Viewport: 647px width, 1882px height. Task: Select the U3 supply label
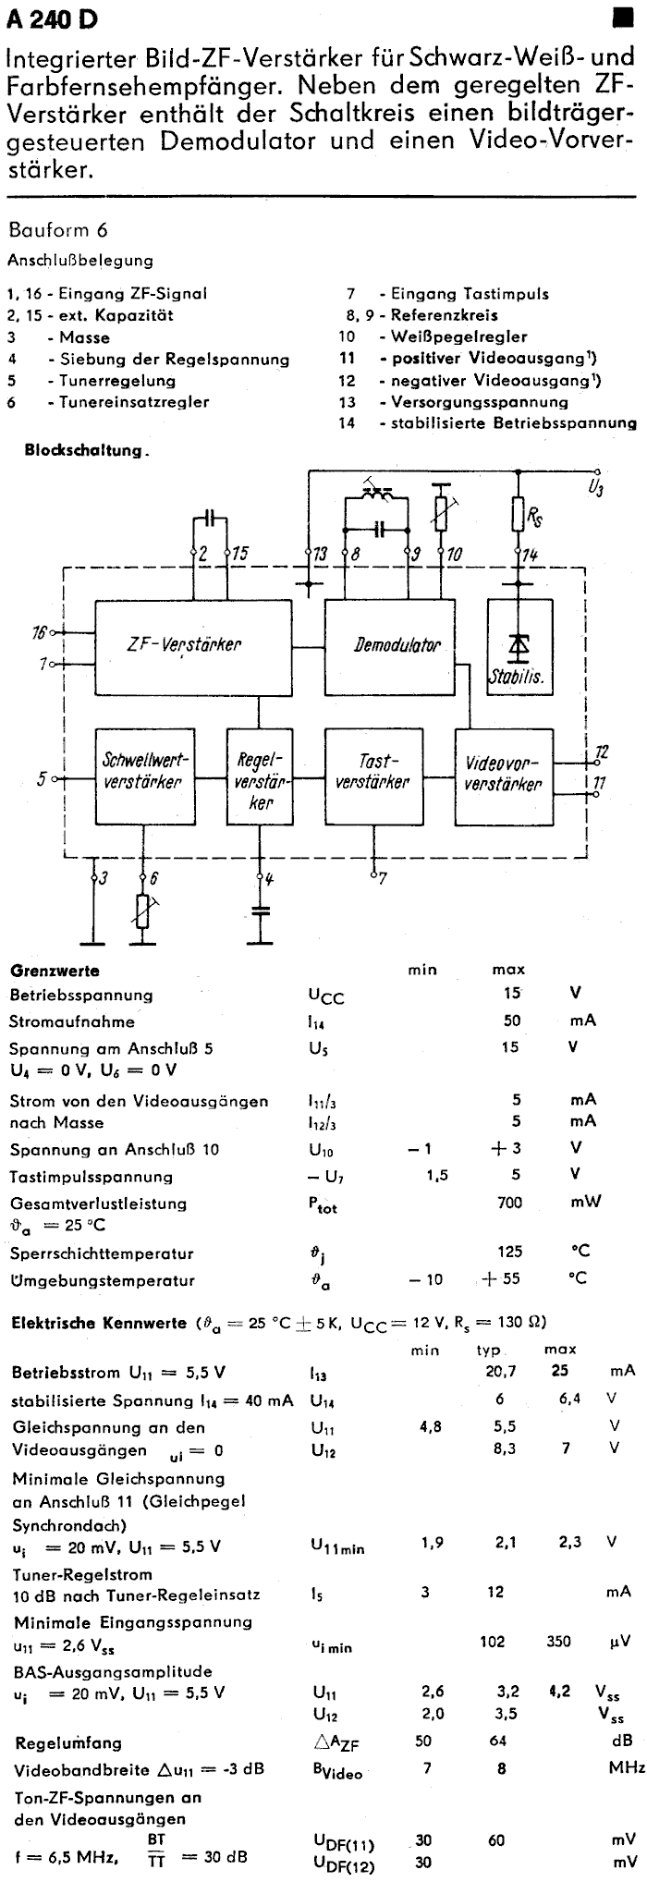pyautogui.click(x=596, y=485)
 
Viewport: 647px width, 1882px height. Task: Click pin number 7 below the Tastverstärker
pyautogui.click(x=382, y=879)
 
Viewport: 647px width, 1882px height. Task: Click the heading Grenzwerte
pyautogui.click(x=55, y=971)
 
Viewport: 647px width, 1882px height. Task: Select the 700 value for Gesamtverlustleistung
pyautogui.click(x=509, y=1203)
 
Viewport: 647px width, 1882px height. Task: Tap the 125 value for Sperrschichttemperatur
pyautogui.click(x=509, y=1252)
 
